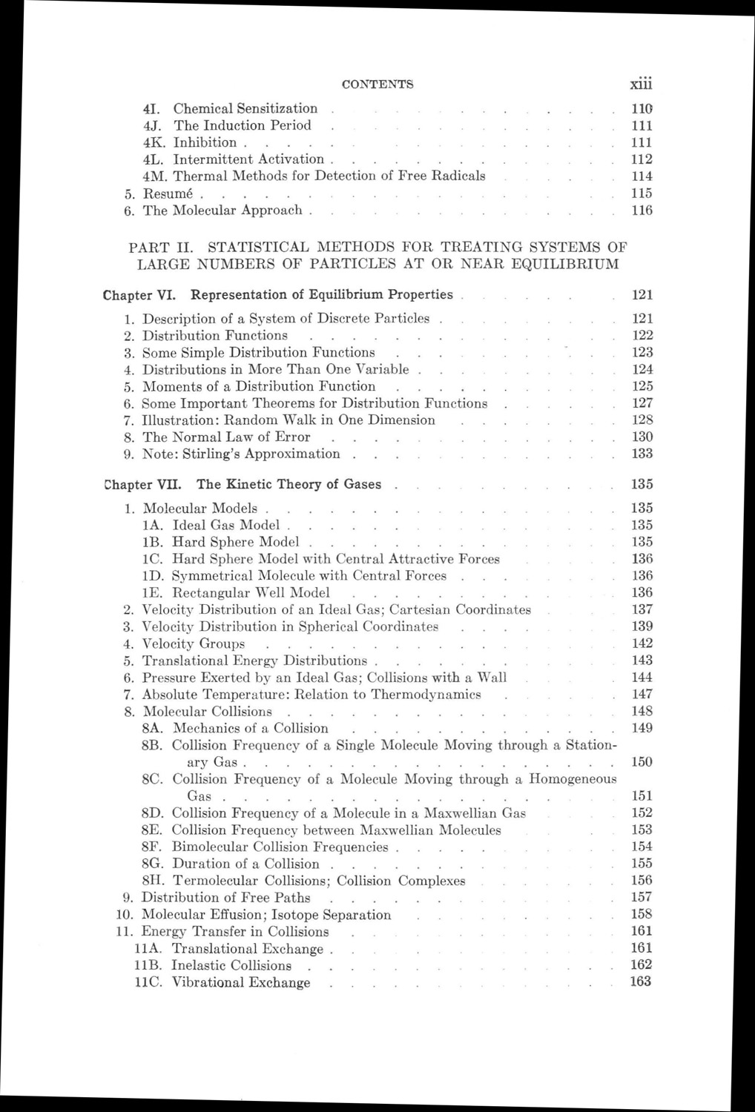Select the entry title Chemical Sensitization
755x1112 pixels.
[245, 109]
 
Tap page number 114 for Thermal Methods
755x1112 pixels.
[642, 176]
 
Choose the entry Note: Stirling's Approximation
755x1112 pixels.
[241, 454]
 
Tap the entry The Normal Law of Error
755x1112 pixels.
[226, 437]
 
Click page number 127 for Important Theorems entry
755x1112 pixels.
[642, 403]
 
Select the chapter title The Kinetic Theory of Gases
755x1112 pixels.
[289, 485]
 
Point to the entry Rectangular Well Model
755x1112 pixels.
[251, 592]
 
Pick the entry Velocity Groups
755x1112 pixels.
[194, 643]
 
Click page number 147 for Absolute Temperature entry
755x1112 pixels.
[642, 695]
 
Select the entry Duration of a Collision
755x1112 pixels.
[245, 864]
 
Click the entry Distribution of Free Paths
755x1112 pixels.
[226, 898]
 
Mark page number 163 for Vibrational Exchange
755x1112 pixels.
[642, 982]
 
